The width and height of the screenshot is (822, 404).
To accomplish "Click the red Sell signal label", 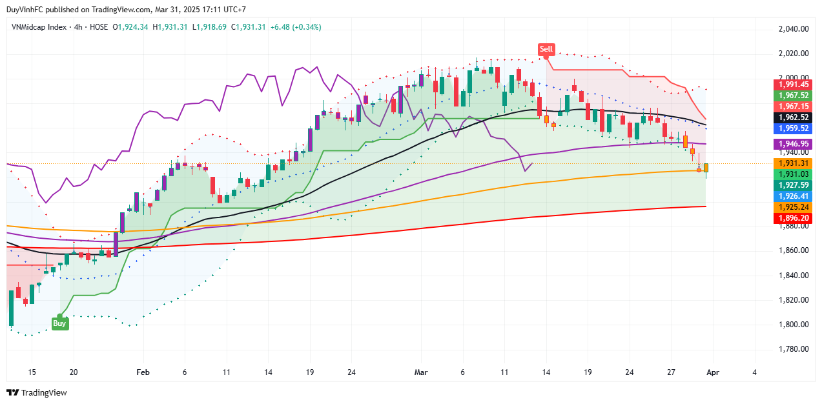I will click(x=546, y=49).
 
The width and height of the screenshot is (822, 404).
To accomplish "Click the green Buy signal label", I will click(x=59, y=323).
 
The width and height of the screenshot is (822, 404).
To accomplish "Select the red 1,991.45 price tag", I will click(x=793, y=85).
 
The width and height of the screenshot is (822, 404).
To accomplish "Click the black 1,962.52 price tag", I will click(x=793, y=117).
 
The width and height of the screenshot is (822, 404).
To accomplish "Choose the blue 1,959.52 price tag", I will click(x=793, y=128).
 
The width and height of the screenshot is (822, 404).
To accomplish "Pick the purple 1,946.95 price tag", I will click(x=793, y=144).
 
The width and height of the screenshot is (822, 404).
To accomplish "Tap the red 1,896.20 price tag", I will click(x=793, y=219).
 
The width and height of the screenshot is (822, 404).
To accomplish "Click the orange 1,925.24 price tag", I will click(x=793, y=207).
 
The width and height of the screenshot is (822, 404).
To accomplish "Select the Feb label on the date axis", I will click(x=143, y=372).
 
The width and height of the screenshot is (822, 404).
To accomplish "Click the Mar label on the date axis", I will click(x=421, y=372).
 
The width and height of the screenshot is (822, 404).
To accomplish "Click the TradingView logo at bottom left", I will click(x=37, y=392).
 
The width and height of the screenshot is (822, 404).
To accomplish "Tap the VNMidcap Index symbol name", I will click(x=38, y=27).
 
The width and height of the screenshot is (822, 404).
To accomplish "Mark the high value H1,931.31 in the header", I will click(x=170, y=27).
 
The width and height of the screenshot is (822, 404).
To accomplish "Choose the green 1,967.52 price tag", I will click(x=793, y=96).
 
